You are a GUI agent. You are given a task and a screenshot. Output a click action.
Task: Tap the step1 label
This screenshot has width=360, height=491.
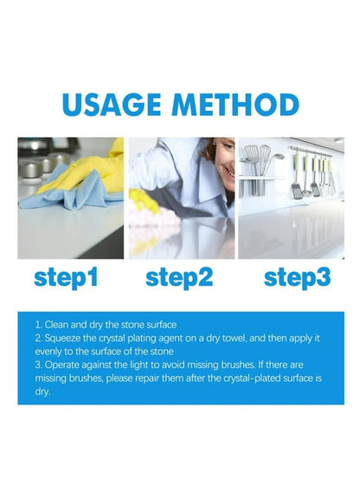pyautogui.click(x=66, y=278)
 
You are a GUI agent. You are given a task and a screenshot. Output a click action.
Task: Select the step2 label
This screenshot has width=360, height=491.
pyautogui.click(x=179, y=278)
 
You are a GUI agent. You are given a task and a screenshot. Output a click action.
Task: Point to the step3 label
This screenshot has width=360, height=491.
pyautogui.click(x=298, y=278)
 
